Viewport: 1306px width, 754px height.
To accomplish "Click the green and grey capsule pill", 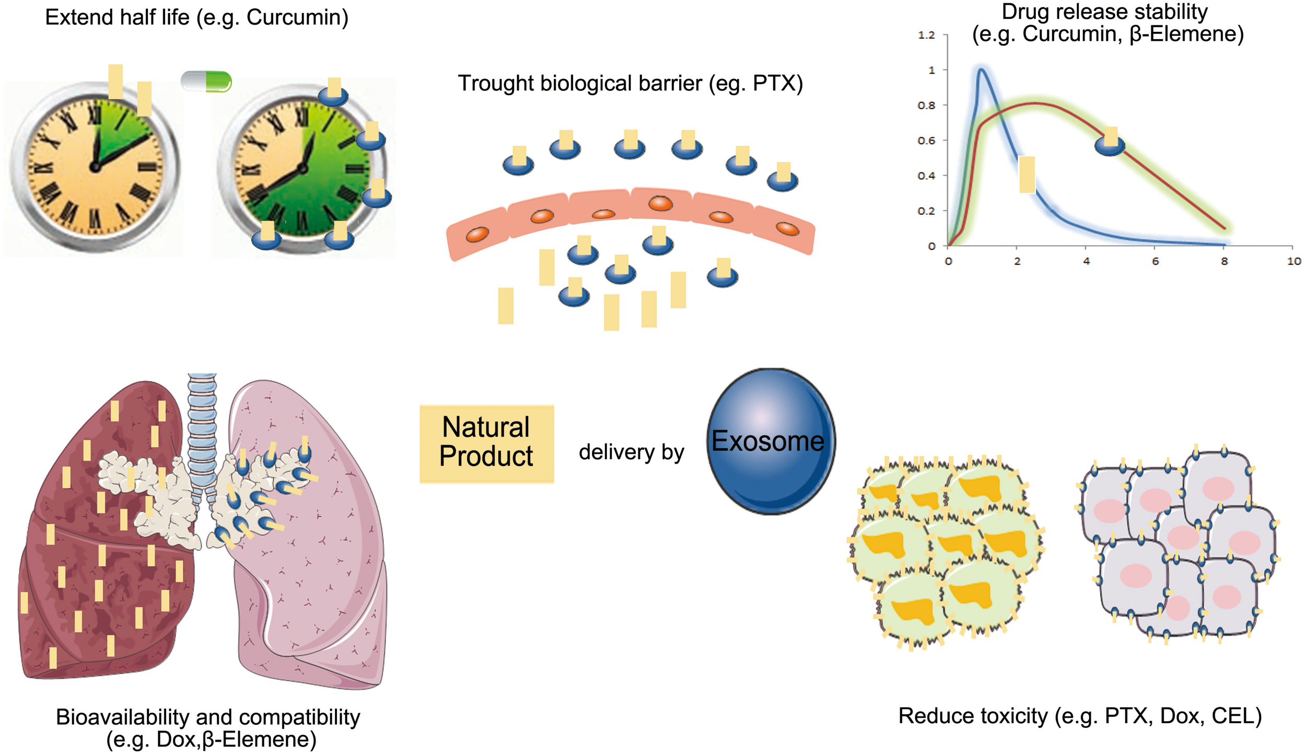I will [206, 82].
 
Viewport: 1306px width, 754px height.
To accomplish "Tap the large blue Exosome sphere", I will [770, 442].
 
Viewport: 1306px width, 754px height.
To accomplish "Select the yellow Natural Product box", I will [486, 444].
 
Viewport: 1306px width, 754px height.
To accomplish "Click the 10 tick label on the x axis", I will [1293, 261].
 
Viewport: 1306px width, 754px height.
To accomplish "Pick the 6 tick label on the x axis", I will [1155, 261].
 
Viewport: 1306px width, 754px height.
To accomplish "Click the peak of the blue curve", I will [982, 69].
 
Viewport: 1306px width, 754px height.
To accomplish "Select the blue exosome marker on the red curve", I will [1110, 144].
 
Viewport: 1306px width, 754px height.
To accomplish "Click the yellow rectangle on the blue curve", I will [1027, 175].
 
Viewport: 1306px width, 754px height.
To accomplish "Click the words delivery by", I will [631, 452].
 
